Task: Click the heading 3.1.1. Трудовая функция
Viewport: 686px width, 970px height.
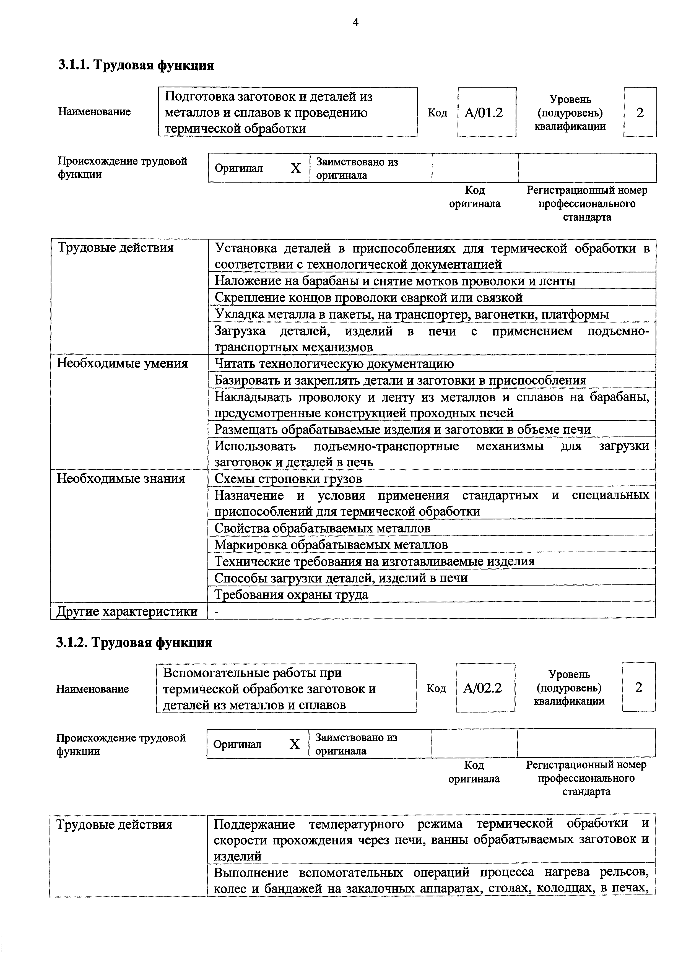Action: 136,66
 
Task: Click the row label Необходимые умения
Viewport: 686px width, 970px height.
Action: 123,363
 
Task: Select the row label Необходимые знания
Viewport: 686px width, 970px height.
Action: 121,479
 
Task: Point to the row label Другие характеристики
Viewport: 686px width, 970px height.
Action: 127,611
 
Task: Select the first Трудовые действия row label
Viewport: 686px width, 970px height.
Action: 115,248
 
